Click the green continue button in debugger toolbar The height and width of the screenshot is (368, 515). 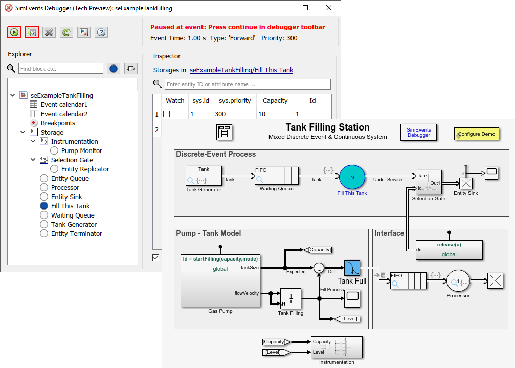click(14, 32)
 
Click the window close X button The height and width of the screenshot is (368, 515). click(328, 8)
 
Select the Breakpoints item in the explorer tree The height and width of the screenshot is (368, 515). click(58, 123)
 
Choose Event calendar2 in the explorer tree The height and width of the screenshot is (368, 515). click(64, 114)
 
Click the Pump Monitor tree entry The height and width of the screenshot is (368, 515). click(81, 150)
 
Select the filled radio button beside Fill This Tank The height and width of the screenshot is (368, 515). click(44, 206)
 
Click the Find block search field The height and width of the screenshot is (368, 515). click(61, 69)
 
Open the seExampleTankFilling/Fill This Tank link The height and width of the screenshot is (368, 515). click(241, 70)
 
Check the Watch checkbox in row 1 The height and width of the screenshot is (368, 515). click(166, 114)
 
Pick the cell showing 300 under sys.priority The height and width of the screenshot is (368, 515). click(220, 114)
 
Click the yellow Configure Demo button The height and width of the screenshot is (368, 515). click(476, 134)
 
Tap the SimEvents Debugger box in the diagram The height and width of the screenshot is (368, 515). click(418, 133)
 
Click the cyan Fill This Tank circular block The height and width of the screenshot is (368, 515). click(352, 177)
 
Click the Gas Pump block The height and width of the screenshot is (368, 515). click(220, 280)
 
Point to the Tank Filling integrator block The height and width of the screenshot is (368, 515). click(290, 298)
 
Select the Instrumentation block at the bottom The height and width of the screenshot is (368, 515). click(337, 348)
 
